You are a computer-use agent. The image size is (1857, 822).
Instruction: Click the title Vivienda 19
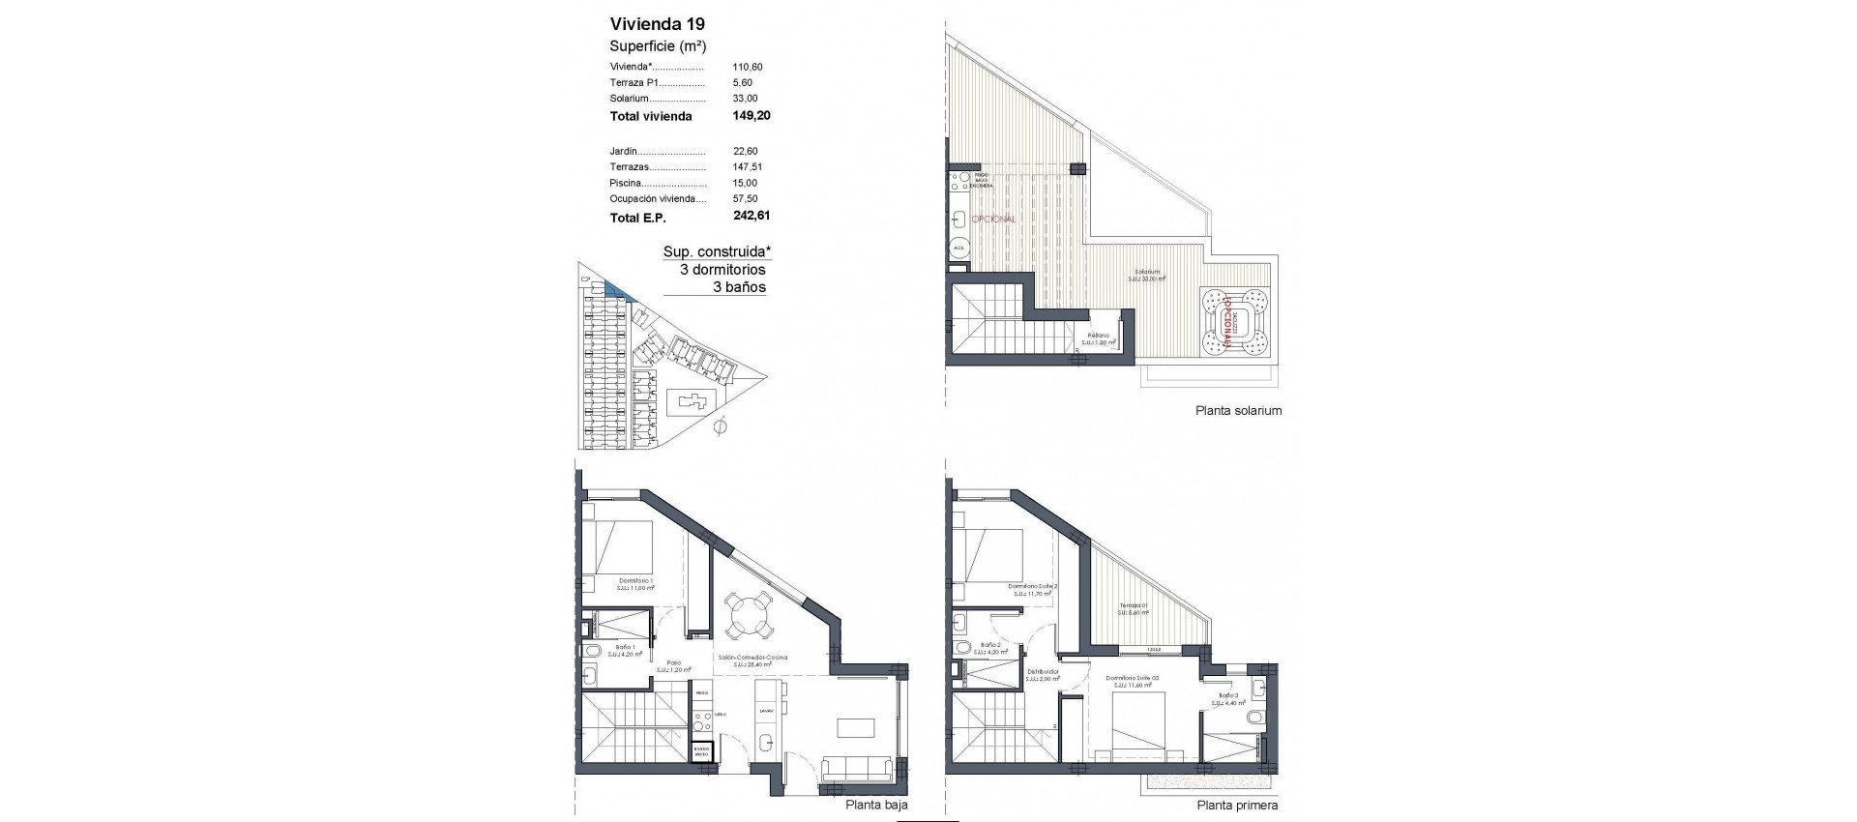[657, 24]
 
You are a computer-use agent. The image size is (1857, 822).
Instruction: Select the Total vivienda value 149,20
[751, 115]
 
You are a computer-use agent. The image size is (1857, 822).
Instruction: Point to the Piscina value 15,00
[745, 183]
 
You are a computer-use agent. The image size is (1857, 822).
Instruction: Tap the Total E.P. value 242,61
[751, 217]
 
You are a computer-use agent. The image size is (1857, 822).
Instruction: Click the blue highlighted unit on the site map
[615, 289]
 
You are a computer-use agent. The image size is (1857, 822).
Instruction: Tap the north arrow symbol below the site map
[719, 426]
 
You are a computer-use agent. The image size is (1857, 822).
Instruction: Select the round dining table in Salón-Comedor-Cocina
[750, 617]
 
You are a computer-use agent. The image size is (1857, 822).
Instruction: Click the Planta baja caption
[876, 805]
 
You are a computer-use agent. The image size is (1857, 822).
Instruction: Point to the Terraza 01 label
[1133, 606]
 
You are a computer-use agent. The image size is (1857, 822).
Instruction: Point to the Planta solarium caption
[1238, 410]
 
